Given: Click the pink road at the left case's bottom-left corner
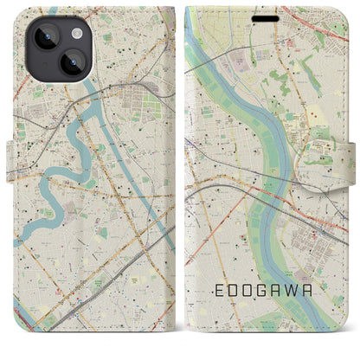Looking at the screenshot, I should pos(30,340).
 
